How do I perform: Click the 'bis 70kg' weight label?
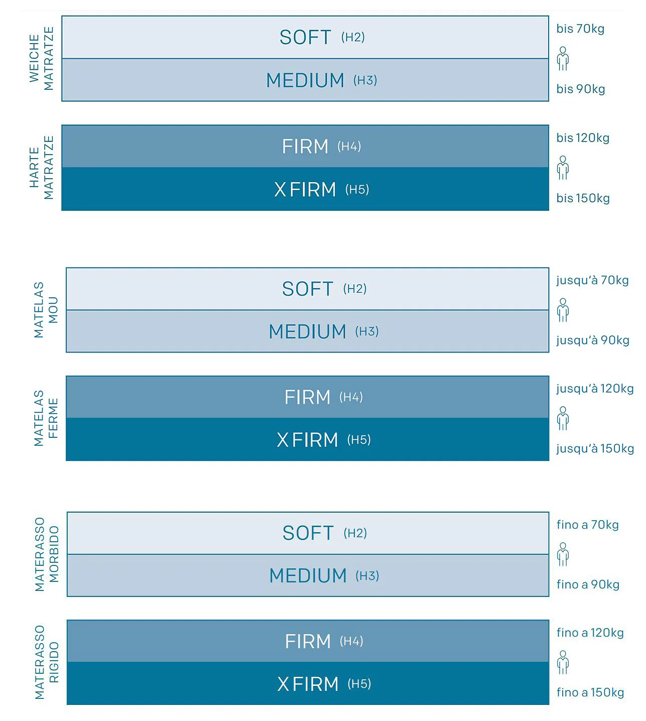pyautogui.click(x=580, y=29)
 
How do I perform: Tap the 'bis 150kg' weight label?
pyautogui.click(x=583, y=198)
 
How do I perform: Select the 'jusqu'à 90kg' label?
pyautogui.click(x=593, y=340)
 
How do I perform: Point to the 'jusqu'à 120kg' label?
pyautogui.click(x=595, y=389)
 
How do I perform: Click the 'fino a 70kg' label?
pyautogui.click(x=588, y=525)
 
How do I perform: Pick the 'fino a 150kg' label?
pyautogui.click(x=590, y=692)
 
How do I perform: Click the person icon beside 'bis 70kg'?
pyautogui.click(x=563, y=59)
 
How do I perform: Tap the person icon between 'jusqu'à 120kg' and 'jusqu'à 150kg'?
pyautogui.click(x=563, y=419)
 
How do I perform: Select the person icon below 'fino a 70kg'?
pyautogui.click(x=563, y=554)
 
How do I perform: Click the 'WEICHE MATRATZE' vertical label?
pyautogui.click(x=41, y=58)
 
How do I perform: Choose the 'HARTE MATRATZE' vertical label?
pyautogui.click(x=41, y=168)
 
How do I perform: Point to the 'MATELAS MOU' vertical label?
pyautogui.click(x=46, y=310)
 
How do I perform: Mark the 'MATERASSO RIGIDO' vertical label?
pyautogui.click(x=47, y=662)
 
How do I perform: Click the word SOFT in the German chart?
pyautogui.click(x=305, y=37)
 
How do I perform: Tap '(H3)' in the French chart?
pyautogui.click(x=367, y=332)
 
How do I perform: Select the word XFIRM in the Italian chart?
pyautogui.click(x=308, y=684)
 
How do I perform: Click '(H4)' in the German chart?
pyautogui.click(x=349, y=146)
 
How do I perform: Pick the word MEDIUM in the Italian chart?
pyautogui.click(x=308, y=576)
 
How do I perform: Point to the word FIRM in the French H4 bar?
pyautogui.click(x=307, y=397)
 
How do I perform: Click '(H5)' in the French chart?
pyautogui.click(x=359, y=440)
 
